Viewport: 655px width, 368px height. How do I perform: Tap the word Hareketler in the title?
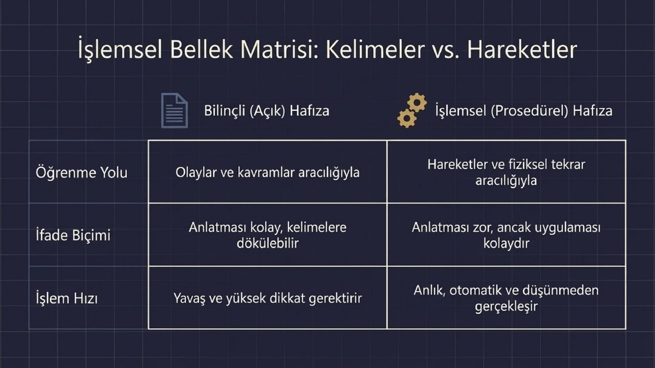click(x=522, y=49)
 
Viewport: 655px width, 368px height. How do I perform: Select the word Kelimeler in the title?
click(x=375, y=49)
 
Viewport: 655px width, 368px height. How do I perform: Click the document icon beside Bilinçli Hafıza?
click(x=174, y=110)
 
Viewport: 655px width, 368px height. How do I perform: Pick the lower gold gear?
click(x=407, y=118)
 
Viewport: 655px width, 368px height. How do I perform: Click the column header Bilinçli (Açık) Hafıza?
click(x=267, y=111)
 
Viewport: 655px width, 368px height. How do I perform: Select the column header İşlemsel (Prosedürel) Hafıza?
click(x=523, y=111)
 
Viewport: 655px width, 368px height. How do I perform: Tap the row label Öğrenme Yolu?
click(x=81, y=173)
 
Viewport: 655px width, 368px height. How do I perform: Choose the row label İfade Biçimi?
click(x=73, y=235)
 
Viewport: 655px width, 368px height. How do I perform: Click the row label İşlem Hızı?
click(x=67, y=298)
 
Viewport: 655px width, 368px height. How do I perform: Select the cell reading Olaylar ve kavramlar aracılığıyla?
click(x=267, y=172)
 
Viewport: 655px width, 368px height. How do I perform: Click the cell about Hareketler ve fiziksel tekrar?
click(x=506, y=172)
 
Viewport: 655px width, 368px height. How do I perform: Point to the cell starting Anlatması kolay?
click(x=267, y=235)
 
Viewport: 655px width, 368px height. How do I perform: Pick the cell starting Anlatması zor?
click(x=506, y=235)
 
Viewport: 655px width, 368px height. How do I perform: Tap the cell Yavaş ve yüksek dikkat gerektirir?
click(x=267, y=298)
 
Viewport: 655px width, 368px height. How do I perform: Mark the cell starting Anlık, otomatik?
click(x=506, y=298)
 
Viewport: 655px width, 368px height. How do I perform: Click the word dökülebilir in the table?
click(x=268, y=243)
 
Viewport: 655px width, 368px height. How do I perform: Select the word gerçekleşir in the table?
click(x=506, y=306)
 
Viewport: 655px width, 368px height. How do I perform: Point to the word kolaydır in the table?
click(x=506, y=243)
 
